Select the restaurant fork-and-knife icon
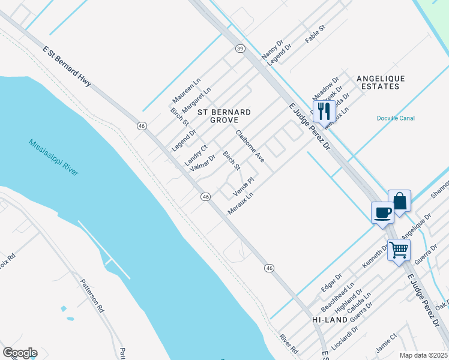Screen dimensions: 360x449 (324, 110)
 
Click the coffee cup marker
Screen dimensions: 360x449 (382, 212)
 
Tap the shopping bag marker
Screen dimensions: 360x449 (399, 200)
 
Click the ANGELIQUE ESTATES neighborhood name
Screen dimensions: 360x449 (381, 82)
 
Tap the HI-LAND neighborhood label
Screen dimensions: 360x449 (330, 320)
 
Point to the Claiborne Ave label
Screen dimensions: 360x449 (250, 146)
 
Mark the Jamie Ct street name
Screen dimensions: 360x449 (385, 344)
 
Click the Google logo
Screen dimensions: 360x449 (20, 353)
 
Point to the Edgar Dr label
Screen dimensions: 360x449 (331, 282)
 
